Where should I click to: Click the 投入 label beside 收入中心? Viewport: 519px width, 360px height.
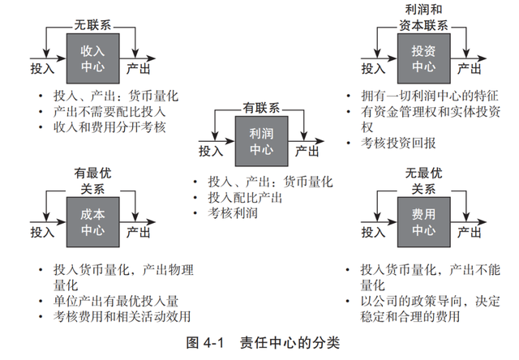point(42,68)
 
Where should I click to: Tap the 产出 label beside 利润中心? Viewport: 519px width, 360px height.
point(306,151)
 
